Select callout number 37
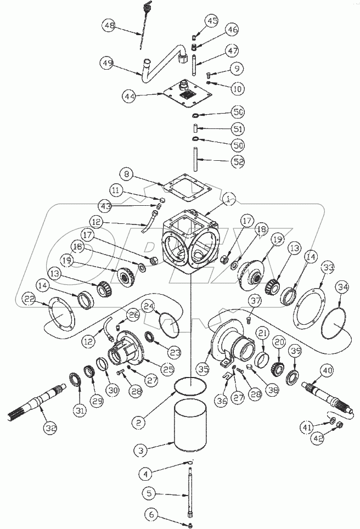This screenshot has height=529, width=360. (255, 301)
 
